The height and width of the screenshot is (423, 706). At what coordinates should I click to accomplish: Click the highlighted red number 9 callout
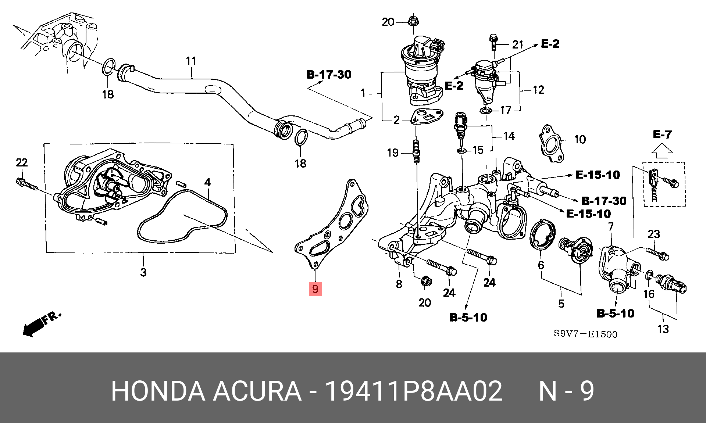point(315,289)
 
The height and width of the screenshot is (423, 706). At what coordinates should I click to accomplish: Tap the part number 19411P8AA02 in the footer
point(414,391)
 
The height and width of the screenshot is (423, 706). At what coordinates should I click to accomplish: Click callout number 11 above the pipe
point(191,61)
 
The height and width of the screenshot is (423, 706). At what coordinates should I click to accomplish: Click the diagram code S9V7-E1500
point(585,334)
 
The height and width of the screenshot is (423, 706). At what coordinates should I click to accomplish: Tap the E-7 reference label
point(662,135)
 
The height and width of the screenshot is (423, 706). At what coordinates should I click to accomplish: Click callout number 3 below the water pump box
point(143,272)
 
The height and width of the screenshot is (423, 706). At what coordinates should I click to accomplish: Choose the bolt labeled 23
point(657,253)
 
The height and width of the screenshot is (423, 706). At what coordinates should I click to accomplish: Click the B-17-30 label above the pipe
point(329,75)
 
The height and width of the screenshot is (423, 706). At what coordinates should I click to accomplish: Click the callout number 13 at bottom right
point(663,329)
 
